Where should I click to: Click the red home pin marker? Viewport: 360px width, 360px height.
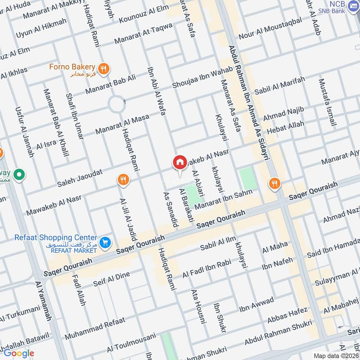click(180, 163)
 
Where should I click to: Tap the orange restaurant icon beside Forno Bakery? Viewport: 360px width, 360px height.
click(104, 68)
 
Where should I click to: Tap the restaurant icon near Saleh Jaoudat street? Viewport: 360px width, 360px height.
click(123, 180)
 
